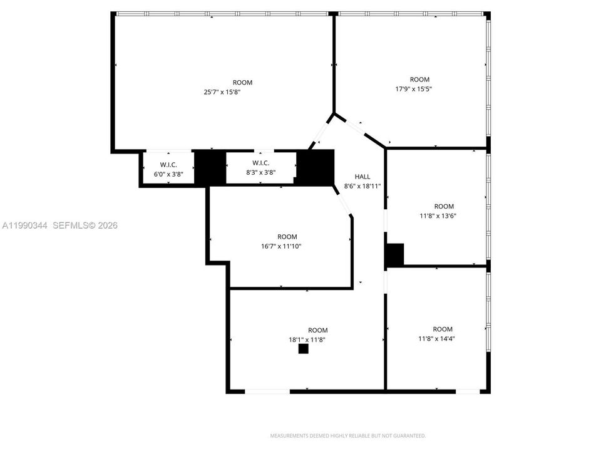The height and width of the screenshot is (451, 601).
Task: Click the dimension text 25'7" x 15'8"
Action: tap(222, 92)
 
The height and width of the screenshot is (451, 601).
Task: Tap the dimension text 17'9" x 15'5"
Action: tap(414, 89)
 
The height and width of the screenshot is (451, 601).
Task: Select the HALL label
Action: tap(362, 177)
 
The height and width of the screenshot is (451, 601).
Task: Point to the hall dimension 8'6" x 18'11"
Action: tap(362, 187)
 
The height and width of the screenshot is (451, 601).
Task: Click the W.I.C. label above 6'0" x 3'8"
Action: tap(168, 165)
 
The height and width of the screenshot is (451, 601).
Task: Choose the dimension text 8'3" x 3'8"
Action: tap(260, 173)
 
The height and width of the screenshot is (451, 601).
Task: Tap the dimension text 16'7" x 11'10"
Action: tap(281, 246)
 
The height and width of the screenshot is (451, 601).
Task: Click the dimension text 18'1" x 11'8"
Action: tap(307, 340)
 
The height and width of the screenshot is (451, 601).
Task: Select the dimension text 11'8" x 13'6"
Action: tap(438, 216)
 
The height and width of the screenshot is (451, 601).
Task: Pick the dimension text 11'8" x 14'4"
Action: tap(436, 339)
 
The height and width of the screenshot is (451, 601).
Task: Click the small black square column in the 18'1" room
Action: tap(304, 349)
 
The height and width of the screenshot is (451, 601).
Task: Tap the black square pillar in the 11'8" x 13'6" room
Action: tap(395, 254)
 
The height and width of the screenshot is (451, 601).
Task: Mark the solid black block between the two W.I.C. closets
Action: tap(210, 168)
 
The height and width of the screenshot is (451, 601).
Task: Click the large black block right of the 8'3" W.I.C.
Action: tap(316, 168)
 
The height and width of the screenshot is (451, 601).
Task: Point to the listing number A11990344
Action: tap(25, 225)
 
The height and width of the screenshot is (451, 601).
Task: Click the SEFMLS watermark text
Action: tap(85, 225)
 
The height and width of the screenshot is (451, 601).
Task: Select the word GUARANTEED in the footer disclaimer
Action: tap(411, 436)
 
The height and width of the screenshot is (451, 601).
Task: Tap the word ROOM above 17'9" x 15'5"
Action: tap(419, 80)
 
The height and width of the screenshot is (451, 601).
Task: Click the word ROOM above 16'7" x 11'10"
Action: tap(287, 237)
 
